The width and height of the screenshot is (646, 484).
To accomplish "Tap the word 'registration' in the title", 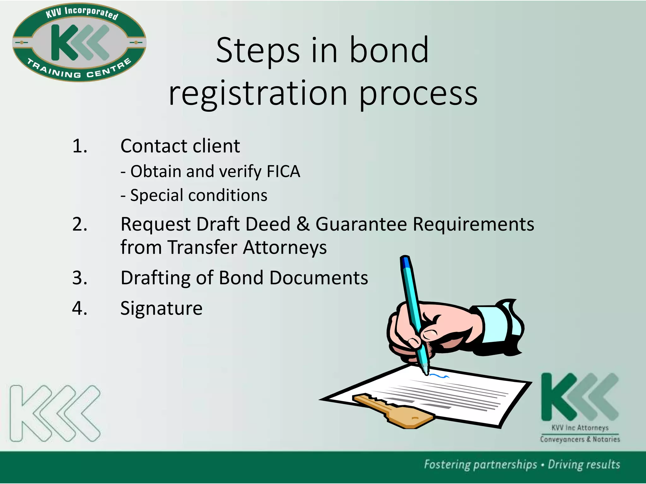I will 258,93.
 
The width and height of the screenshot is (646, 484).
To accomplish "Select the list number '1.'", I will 80,146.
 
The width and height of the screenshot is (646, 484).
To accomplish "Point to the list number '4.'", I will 80,308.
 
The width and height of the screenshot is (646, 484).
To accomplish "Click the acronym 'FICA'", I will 283,172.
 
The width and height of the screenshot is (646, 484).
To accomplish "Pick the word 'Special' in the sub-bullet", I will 157,195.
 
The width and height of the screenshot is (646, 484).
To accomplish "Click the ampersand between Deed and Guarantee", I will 303,224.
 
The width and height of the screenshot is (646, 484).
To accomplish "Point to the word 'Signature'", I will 161,308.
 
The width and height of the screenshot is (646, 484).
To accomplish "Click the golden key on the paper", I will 394,410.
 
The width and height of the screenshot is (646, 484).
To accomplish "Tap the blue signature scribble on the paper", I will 439,376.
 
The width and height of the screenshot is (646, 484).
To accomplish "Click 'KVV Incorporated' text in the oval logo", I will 82,13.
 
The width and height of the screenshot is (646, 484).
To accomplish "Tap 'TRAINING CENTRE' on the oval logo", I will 79,70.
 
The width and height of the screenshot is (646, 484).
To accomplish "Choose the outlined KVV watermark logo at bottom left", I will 55,413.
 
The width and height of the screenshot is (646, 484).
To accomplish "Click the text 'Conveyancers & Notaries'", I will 580,439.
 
